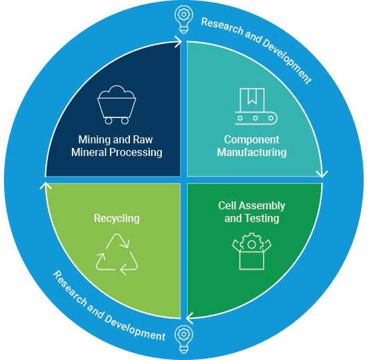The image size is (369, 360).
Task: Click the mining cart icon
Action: [117, 105]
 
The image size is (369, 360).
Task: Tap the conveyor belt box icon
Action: [256, 106]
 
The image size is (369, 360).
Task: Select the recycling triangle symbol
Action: [117, 255]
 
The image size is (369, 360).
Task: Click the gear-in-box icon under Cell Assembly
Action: [252, 251]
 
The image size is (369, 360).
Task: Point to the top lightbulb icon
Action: [184, 19]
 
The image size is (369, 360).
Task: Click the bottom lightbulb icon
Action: [184, 339]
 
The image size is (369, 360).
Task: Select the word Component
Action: [252, 140]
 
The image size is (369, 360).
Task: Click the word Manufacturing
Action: [252, 152]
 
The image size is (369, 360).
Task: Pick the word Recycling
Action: [117, 218]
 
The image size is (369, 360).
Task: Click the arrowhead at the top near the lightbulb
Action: [179, 42]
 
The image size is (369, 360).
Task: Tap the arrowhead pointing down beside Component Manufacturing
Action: [322, 174]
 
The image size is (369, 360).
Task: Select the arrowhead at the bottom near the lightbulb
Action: [190, 318]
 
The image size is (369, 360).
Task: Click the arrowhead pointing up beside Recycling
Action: [46, 186]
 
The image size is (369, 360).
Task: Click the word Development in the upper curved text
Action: [286, 60]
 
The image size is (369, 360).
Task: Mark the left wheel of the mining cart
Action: [109, 121]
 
